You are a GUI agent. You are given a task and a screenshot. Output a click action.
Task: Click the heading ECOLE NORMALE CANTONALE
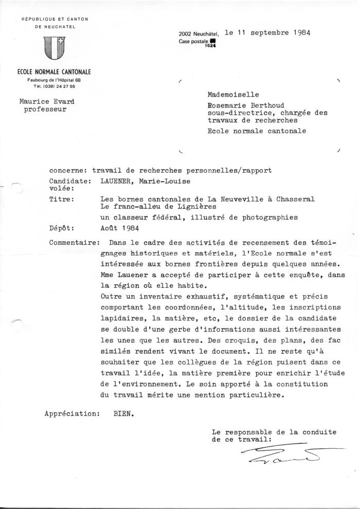[x=51, y=72]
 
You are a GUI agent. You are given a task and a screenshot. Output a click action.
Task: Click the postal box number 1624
[x=209, y=46]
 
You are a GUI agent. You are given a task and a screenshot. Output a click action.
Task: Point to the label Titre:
[x=61, y=199]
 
